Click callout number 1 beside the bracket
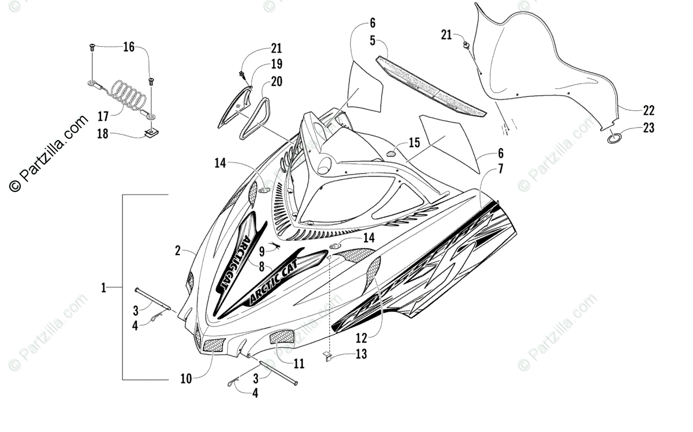[104, 287]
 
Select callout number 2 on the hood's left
[178, 251]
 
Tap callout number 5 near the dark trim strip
[373, 40]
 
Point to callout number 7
[500, 169]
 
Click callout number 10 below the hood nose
[186, 379]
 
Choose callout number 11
[299, 363]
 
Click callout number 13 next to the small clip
[361, 354]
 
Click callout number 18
[102, 134]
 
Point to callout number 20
[277, 81]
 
